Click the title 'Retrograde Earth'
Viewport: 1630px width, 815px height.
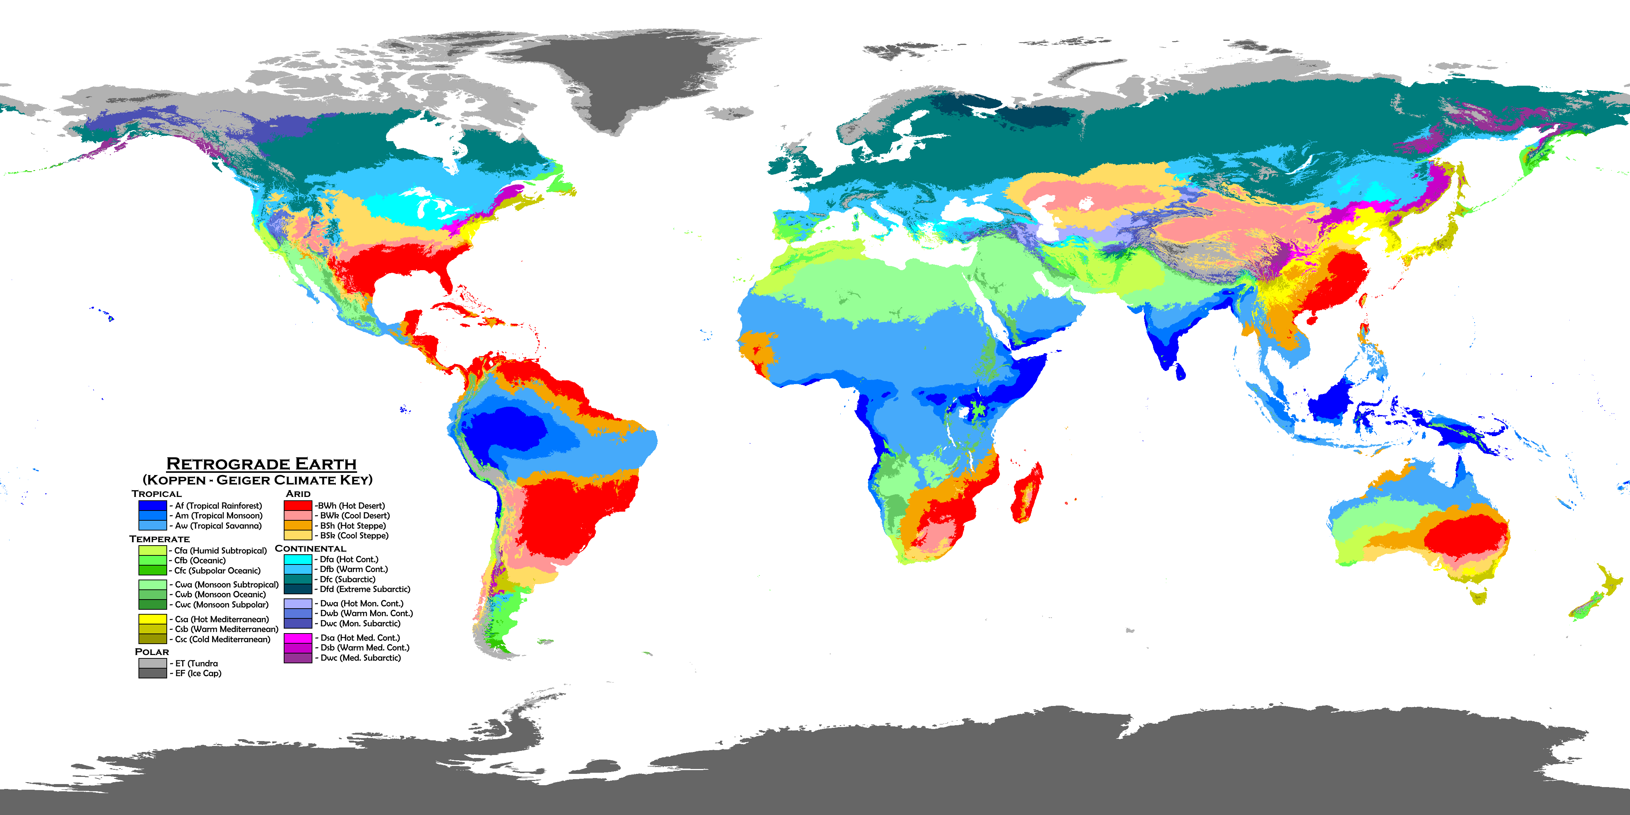pos(261,464)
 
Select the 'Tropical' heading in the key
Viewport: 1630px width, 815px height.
pos(156,494)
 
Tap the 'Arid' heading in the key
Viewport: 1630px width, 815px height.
pos(298,494)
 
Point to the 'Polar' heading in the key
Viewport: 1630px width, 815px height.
pos(152,652)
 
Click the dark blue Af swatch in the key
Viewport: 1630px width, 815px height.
pos(152,506)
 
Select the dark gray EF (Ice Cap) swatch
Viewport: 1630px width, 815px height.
pos(152,673)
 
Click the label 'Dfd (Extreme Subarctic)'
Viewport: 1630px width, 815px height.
pos(364,589)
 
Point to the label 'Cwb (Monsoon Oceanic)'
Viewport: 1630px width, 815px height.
pos(220,594)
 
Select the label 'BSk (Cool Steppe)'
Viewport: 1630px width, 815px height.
pos(354,535)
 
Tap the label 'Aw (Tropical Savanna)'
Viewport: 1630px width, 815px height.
pos(218,526)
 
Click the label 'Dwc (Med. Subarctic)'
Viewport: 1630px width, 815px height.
pos(360,658)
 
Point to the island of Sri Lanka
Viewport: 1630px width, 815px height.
pos(1179,372)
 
